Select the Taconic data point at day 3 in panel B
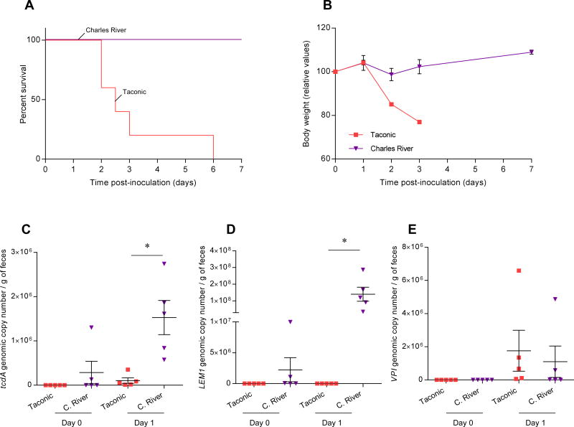click(419, 122)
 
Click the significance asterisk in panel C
click(148, 246)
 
